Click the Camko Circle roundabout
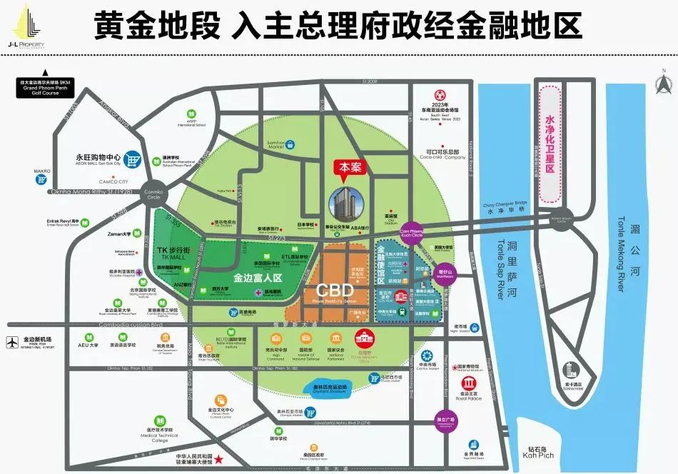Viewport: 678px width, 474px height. (155, 193)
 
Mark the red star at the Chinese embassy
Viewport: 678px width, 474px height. (220, 459)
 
